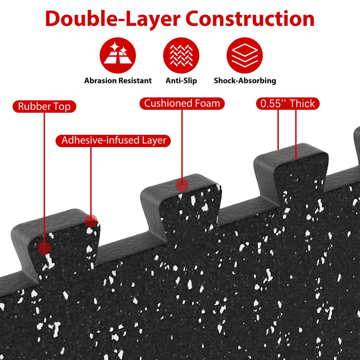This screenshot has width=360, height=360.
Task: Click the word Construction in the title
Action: [x=250, y=19]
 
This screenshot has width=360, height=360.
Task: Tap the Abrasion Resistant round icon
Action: [x=118, y=55]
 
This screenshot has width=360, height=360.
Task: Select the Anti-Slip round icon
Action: [x=181, y=55]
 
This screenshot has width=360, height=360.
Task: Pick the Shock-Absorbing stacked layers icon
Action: [x=244, y=55]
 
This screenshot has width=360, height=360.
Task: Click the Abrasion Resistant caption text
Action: [x=118, y=81]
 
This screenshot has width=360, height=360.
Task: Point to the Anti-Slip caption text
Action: [x=182, y=81]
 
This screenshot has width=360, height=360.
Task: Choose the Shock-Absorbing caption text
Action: [x=245, y=81]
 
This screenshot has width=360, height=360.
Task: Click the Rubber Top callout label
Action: [x=44, y=107]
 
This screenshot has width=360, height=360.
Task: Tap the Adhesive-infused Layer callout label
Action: [x=113, y=141]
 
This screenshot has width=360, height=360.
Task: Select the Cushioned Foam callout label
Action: [x=182, y=103]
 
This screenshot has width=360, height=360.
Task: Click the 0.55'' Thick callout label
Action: [x=288, y=103]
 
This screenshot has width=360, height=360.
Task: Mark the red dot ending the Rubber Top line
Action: [x=44, y=248]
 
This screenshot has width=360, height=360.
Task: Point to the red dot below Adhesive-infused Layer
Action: [x=91, y=221]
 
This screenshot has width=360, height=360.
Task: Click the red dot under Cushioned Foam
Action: [x=182, y=185]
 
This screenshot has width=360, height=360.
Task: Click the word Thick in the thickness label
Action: [x=302, y=103]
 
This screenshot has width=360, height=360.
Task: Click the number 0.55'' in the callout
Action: [x=273, y=103]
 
